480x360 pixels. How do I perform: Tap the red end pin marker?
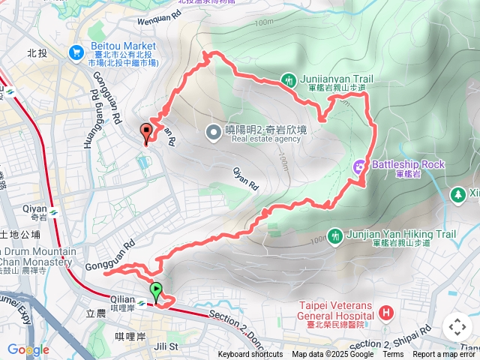(x=145, y=133)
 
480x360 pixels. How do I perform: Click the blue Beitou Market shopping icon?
(x=76, y=52)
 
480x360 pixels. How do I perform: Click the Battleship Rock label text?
(x=409, y=164)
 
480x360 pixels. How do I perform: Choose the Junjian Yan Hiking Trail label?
(x=402, y=234)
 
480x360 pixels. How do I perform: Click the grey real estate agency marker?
(x=214, y=133)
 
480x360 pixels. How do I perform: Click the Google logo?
(x=28, y=349)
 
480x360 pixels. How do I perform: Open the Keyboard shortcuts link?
(x=250, y=355)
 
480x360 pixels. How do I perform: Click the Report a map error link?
(x=445, y=355)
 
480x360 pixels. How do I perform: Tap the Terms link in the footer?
(x=393, y=355)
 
